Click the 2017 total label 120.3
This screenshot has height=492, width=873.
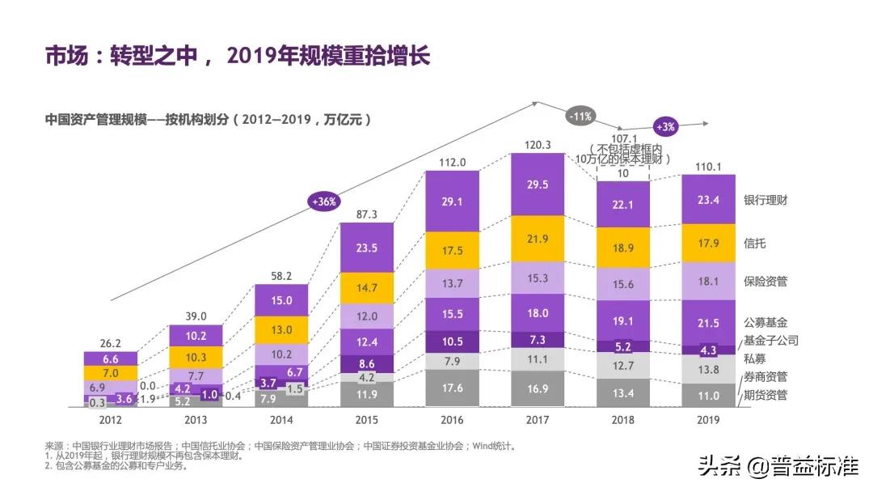(538, 145)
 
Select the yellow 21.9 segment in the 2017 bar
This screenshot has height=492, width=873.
(538, 242)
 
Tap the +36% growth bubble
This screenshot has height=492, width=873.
(323, 201)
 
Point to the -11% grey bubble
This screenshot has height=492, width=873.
(580, 116)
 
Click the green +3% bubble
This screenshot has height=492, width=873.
(666, 126)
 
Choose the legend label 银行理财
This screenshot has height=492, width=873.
(765, 200)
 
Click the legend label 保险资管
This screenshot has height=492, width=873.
(765, 282)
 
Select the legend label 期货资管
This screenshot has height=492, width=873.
(765, 395)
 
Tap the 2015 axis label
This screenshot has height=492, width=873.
(366, 420)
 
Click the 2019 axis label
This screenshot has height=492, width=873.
(708, 420)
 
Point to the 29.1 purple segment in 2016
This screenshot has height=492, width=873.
(453, 201)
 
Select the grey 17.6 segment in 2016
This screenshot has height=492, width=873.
(453, 388)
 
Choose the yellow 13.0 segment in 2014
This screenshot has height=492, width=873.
(281, 329)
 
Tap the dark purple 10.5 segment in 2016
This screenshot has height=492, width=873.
(453, 341)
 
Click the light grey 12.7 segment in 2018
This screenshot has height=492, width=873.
(623, 365)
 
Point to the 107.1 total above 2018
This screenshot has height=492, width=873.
(623, 138)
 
